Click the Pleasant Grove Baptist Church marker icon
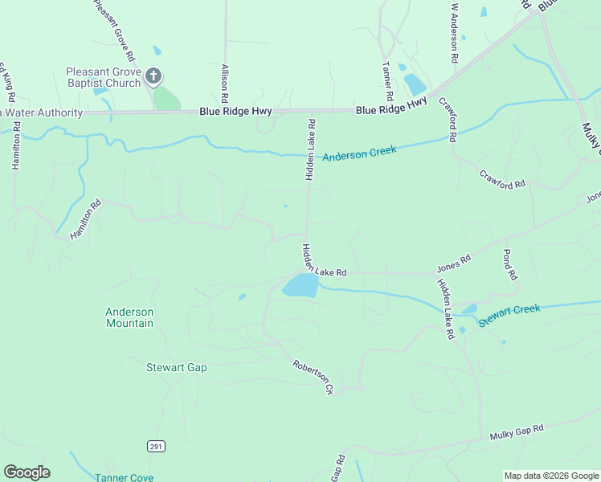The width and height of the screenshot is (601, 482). click(153, 77)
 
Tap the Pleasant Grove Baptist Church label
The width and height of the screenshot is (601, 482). click(104, 76)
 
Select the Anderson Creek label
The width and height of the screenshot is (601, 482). click(359, 153)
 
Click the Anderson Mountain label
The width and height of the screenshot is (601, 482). click(129, 317)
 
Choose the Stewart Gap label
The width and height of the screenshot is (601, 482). click(176, 368)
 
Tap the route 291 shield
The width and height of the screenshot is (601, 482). click(156, 445)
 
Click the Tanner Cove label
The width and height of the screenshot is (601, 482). click(124, 477)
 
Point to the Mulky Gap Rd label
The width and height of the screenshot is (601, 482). click(517, 433)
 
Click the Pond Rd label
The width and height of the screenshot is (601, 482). click(509, 264)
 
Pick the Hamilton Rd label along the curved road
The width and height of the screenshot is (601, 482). click(86, 219)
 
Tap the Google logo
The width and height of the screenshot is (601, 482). click(27, 472)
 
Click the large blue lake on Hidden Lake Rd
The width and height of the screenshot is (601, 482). click(300, 285)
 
